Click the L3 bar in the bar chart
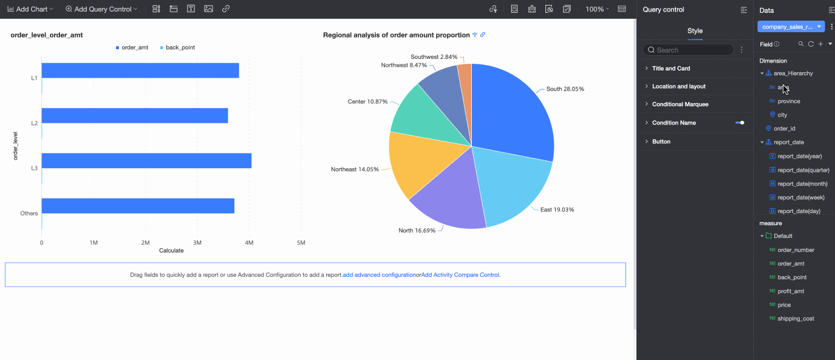tap(146, 161)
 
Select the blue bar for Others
tap(137, 206)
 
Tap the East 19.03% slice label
tap(557, 209)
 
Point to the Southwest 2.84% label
tap(434, 56)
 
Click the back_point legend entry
tap(180, 47)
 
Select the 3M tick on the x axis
tap(197, 243)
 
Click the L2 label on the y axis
tap(35, 123)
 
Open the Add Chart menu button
tap(30, 9)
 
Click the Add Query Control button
tap(101, 9)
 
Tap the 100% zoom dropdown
tap(597, 9)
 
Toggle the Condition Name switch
tap(740, 123)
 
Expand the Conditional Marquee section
tap(680, 104)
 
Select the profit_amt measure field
tap(791, 291)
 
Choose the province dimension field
tap(788, 101)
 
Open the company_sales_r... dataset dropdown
tap(791, 27)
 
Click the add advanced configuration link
tap(379, 275)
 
